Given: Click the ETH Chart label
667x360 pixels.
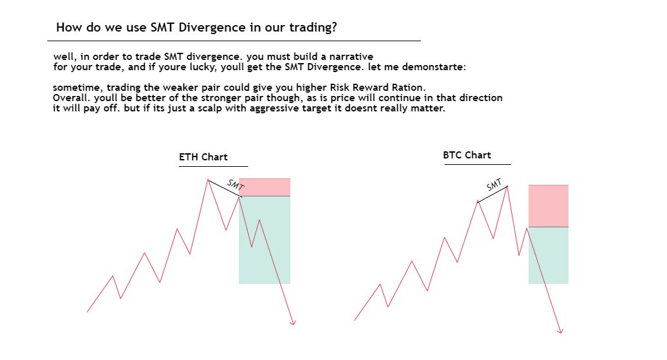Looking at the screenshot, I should click(x=203, y=157).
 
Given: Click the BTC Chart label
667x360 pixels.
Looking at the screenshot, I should click(x=467, y=155).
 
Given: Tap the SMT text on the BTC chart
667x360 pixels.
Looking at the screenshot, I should click(x=494, y=185).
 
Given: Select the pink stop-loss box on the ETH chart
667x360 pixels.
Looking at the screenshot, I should click(x=265, y=187).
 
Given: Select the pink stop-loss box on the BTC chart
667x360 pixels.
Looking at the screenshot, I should click(x=549, y=205).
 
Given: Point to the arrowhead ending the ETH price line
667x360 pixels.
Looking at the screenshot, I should click(x=294, y=323).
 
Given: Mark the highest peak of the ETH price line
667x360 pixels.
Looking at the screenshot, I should click(x=208, y=179).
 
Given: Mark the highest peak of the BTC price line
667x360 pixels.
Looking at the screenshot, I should click(x=507, y=186).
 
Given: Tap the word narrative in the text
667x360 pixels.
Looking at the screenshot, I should click(x=349, y=57).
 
